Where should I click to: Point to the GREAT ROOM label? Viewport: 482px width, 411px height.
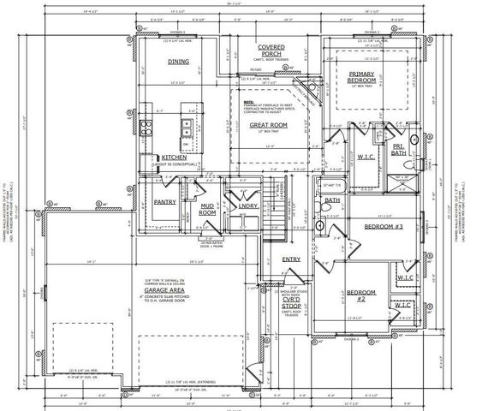tap(268, 125)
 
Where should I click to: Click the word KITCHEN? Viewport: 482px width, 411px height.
tap(174, 158)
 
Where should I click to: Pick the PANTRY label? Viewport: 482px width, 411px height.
tap(164, 202)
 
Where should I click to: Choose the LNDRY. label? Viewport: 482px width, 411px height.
tap(247, 205)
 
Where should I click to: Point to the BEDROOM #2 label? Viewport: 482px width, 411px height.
tap(357, 297)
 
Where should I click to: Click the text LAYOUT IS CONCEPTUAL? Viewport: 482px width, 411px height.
tap(174, 165)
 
